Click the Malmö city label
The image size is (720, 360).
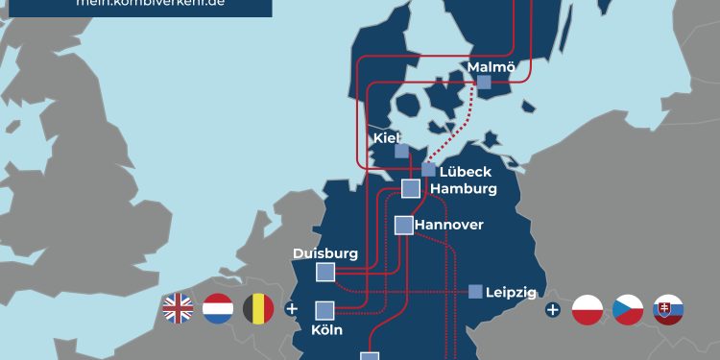point(491,66)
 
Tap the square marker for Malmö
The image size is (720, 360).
point(484,83)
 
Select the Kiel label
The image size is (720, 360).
point(386,137)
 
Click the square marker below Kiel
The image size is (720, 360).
point(401,151)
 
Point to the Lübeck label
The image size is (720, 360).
point(466,171)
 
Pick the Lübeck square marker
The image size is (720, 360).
point(428,170)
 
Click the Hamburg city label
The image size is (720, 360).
point(464,188)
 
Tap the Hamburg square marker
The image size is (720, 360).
point(411,188)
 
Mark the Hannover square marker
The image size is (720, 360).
point(403,226)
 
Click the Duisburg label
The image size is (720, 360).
point(325,253)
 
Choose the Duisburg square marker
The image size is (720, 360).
point(326,273)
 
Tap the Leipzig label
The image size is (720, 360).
point(511,292)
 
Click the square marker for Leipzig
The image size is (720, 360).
point(475,291)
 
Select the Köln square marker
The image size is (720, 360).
point(324,310)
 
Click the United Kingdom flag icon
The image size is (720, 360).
point(179,309)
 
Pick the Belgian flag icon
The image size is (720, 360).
point(257,309)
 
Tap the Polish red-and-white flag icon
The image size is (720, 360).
point(588,309)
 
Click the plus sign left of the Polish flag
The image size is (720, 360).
point(552,309)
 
